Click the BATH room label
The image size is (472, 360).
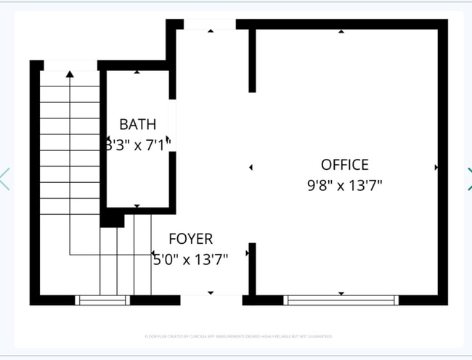coord(137,124)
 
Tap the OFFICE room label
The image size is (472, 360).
coord(344,165)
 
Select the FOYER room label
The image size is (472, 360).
coord(190,239)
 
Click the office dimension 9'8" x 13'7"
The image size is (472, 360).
coord(344,185)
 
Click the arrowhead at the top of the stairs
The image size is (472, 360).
coord(70,73)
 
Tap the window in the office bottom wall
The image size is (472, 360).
coord(341,300)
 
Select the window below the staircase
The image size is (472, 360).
coord(103,300)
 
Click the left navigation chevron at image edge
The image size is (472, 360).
coord(4,179)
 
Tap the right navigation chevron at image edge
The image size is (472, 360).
coord(468,179)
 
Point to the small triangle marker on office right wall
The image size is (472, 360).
coord(436,167)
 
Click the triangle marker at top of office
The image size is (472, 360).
coord(341,31)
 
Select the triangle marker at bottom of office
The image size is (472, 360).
coord(341,292)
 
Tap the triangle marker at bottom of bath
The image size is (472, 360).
coord(137,207)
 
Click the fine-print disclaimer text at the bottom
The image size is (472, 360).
coord(238,337)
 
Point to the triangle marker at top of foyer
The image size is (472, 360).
coord(211,31)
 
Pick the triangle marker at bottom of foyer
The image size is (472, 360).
coord(211,292)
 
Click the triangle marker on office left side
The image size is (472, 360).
coord(251,167)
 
